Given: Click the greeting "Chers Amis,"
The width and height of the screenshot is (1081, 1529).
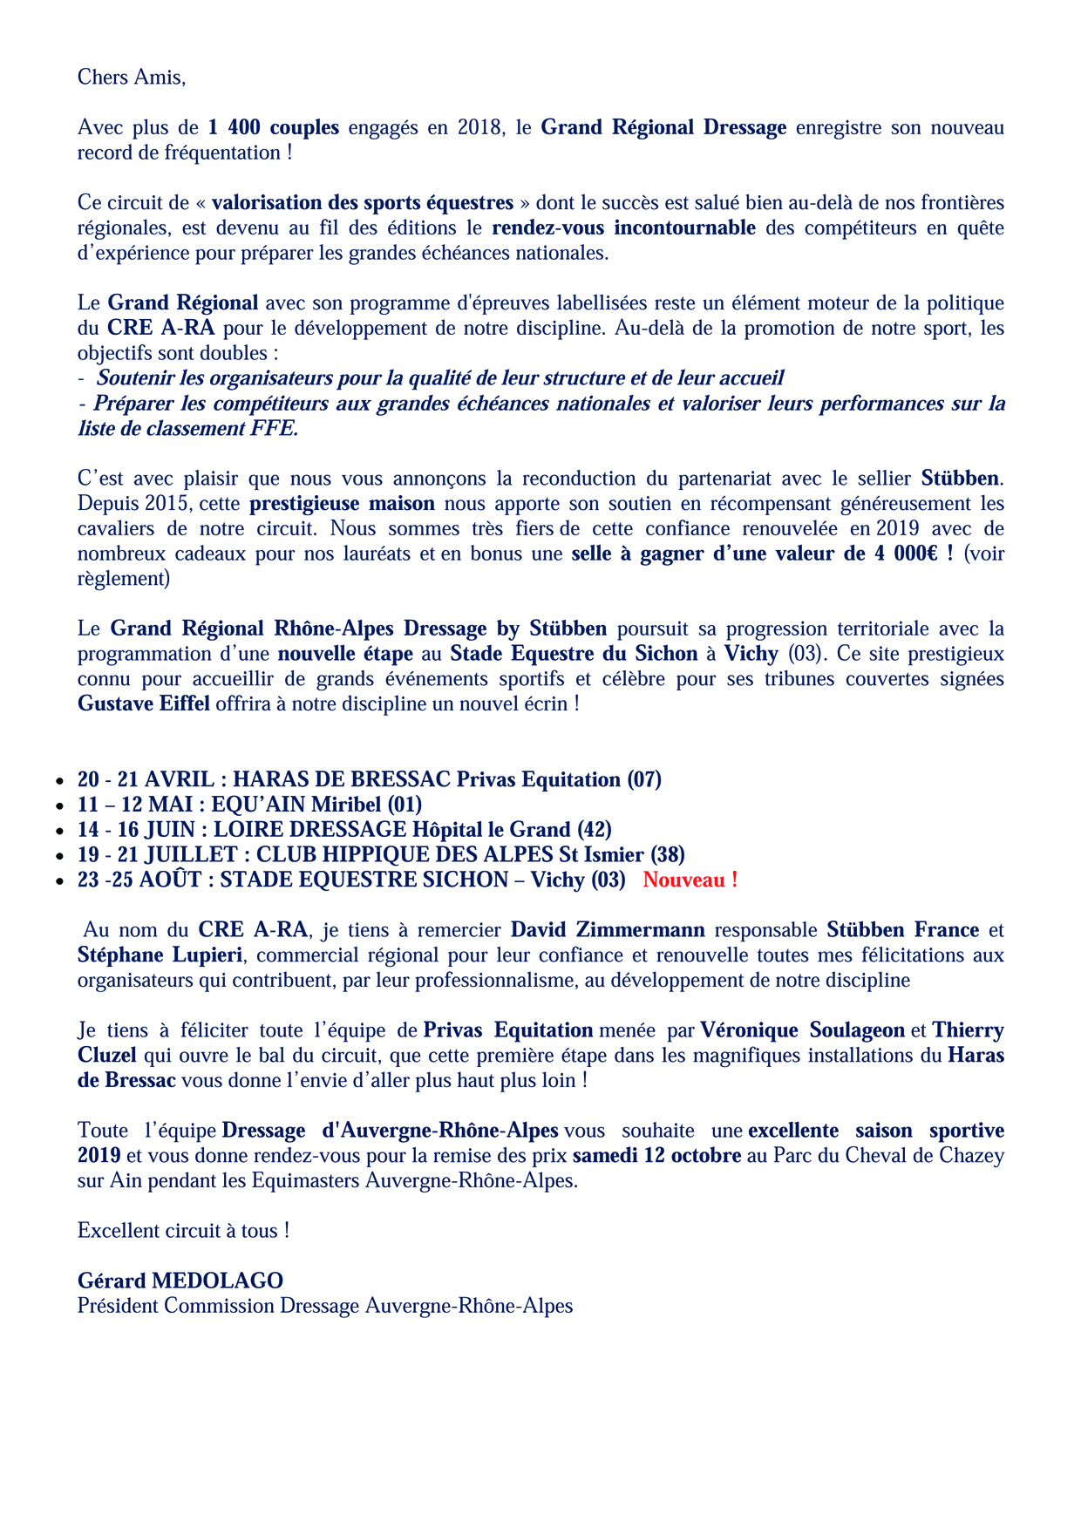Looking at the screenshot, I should (132, 77).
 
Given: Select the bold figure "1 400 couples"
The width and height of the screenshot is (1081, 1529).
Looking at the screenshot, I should (274, 127).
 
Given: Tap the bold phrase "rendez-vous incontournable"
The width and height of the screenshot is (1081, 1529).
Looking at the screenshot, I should (623, 228).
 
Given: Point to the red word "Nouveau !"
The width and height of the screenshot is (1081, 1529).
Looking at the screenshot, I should (690, 880).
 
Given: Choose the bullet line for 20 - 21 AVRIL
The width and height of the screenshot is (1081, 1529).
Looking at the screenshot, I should (370, 779).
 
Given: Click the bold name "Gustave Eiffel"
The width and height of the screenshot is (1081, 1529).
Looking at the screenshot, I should (144, 703).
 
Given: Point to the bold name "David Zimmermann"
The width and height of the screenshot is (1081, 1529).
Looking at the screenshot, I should (608, 930).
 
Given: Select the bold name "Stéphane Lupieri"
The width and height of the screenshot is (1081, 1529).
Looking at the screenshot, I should (160, 955).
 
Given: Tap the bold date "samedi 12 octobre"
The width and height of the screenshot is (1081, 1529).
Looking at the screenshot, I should (656, 1156).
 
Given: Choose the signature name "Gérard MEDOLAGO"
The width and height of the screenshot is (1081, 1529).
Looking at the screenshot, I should (180, 1281).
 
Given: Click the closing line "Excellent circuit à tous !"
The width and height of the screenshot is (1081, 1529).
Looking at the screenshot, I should (183, 1231).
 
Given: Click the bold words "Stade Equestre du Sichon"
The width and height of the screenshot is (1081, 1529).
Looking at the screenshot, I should (574, 654).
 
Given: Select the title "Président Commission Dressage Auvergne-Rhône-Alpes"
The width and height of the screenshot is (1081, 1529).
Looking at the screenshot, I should (325, 1306).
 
